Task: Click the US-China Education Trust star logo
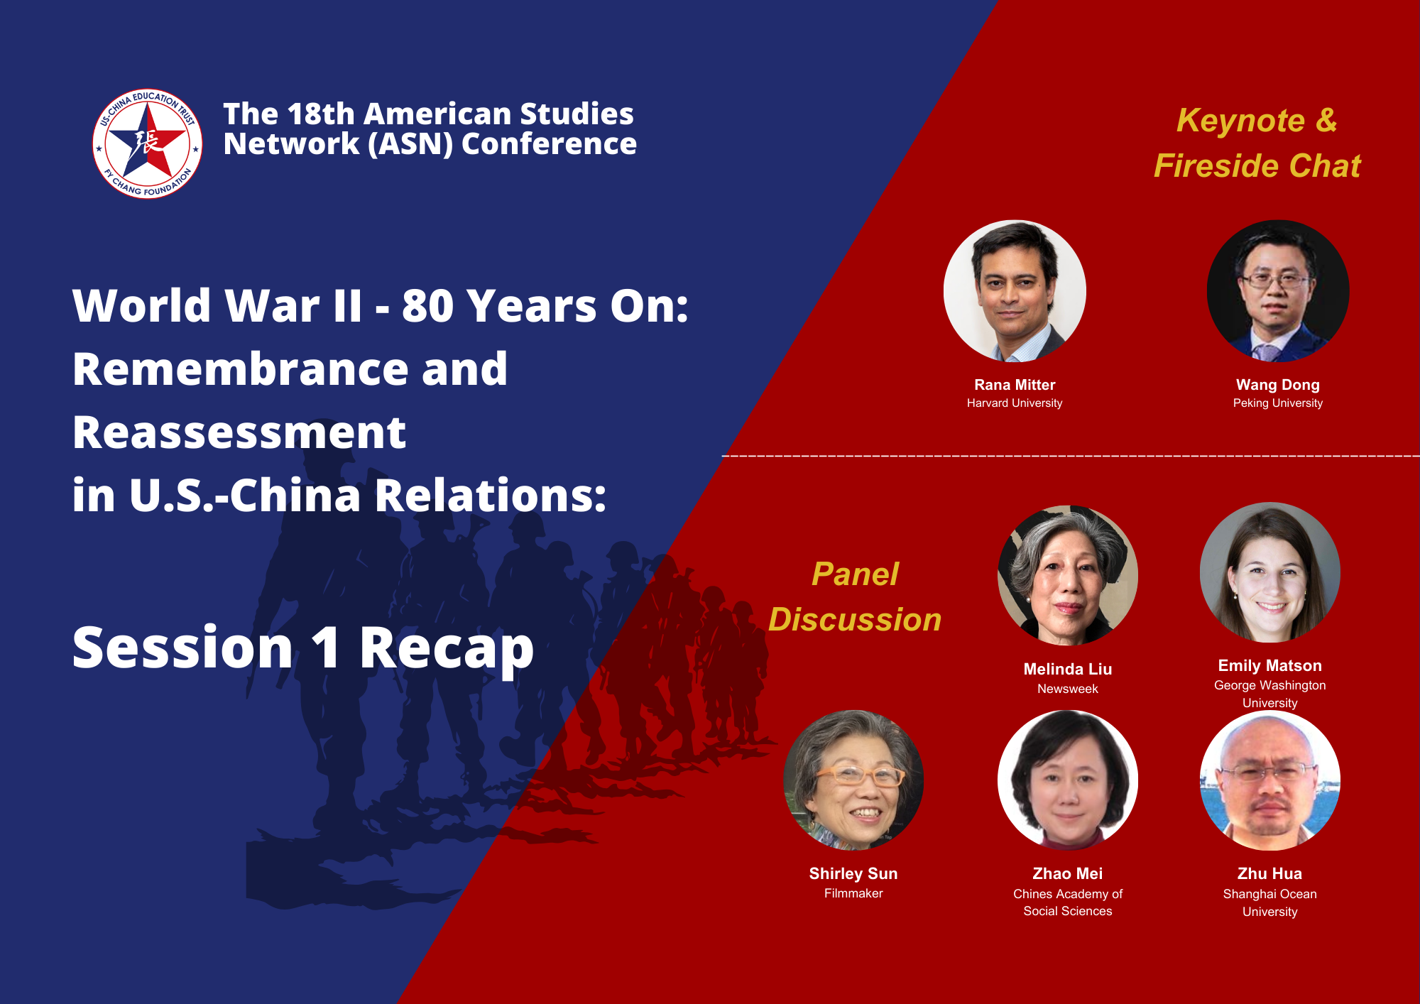click(148, 143)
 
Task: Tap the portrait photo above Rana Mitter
click(1015, 291)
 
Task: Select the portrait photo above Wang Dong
click(1278, 291)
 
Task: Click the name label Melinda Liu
click(1068, 669)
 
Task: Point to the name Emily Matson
click(1270, 665)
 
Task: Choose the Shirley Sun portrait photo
click(853, 780)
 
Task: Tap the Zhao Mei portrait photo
click(1068, 780)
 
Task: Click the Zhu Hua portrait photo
click(1270, 780)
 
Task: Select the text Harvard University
click(1015, 403)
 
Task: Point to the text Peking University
click(1278, 403)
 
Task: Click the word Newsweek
click(1068, 689)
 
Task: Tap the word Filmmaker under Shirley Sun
click(853, 893)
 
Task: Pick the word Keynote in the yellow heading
click(1240, 121)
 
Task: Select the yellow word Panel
click(855, 574)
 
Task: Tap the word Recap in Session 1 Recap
click(447, 648)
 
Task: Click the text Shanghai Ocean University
click(1270, 902)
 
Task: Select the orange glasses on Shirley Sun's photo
click(861, 775)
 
